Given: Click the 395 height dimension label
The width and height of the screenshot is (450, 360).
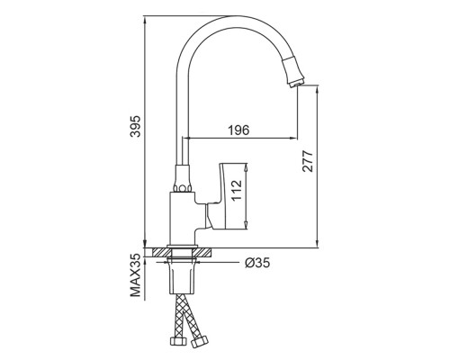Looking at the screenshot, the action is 135,126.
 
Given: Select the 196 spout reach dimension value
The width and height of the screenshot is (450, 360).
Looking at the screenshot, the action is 238,130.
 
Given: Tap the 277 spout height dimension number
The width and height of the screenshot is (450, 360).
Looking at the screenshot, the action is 308,161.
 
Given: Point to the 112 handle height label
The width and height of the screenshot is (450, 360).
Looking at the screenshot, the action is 237,191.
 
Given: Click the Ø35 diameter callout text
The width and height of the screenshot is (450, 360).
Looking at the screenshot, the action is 257,263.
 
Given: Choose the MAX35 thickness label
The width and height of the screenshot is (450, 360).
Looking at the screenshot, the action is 135,275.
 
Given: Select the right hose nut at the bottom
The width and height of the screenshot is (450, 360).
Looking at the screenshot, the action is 199,342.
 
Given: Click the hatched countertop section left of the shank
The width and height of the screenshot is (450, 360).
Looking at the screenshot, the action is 160,253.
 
